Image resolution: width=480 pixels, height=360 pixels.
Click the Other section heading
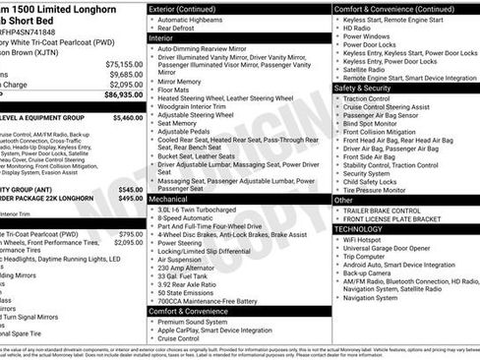point(343,200)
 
